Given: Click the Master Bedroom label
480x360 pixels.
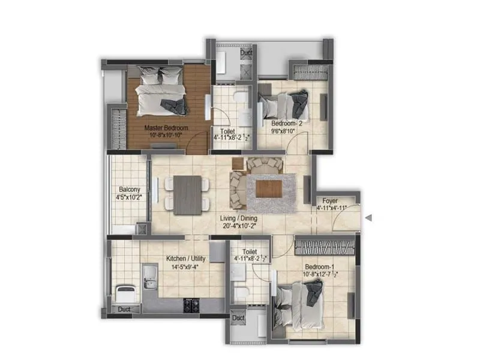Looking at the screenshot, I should pyautogui.click(x=166, y=128).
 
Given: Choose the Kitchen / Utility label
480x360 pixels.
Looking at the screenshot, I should pyautogui.click(x=185, y=260).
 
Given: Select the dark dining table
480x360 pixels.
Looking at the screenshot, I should pyautogui.click(x=187, y=194).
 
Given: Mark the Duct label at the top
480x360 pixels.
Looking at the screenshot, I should pyautogui.click(x=246, y=53).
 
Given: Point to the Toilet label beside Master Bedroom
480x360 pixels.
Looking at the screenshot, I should pyautogui.click(x=228, y=131).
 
